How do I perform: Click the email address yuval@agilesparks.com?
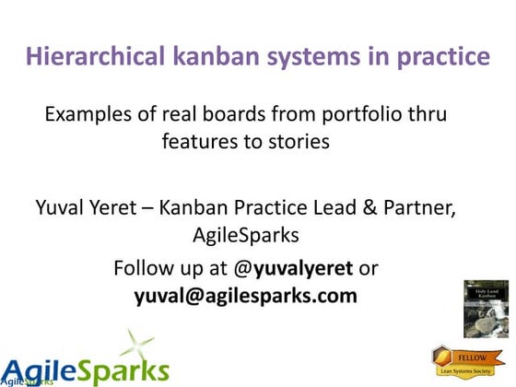pyautogui.click(x=246, y=297)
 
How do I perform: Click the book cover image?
pyautogui.click(x=486, y=310)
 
